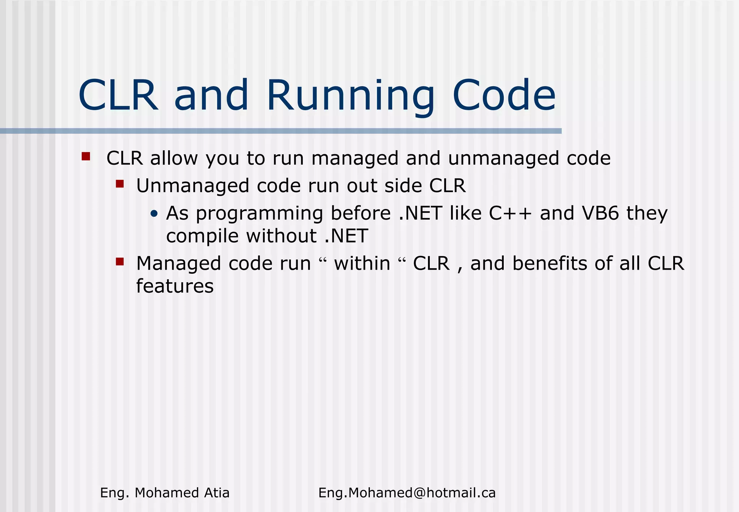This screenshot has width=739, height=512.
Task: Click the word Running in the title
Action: (350, 96)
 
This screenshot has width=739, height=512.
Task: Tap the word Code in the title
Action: (504, 96)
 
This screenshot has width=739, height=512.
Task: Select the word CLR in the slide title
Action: (118, 96)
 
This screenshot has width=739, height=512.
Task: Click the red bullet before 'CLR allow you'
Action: (86, 156)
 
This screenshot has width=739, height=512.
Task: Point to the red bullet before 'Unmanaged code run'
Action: (120, 184)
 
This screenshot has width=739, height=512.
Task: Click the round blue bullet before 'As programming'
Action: (154, 214)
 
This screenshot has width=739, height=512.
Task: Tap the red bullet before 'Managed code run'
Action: (120, 261)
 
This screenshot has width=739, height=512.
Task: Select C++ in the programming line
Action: (510, 213)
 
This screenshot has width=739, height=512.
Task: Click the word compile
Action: (202, 237)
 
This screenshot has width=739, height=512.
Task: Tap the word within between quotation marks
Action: (362, 264)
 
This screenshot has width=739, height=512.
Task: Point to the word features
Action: (175, 286)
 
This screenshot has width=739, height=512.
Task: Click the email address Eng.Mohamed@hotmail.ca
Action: (407, 493)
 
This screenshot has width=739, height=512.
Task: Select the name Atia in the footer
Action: (217, 493)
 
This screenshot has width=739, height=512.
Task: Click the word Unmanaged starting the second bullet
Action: (193, 186)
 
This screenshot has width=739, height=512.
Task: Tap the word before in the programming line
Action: (360, 213)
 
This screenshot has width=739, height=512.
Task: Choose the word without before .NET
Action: (281, 237)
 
